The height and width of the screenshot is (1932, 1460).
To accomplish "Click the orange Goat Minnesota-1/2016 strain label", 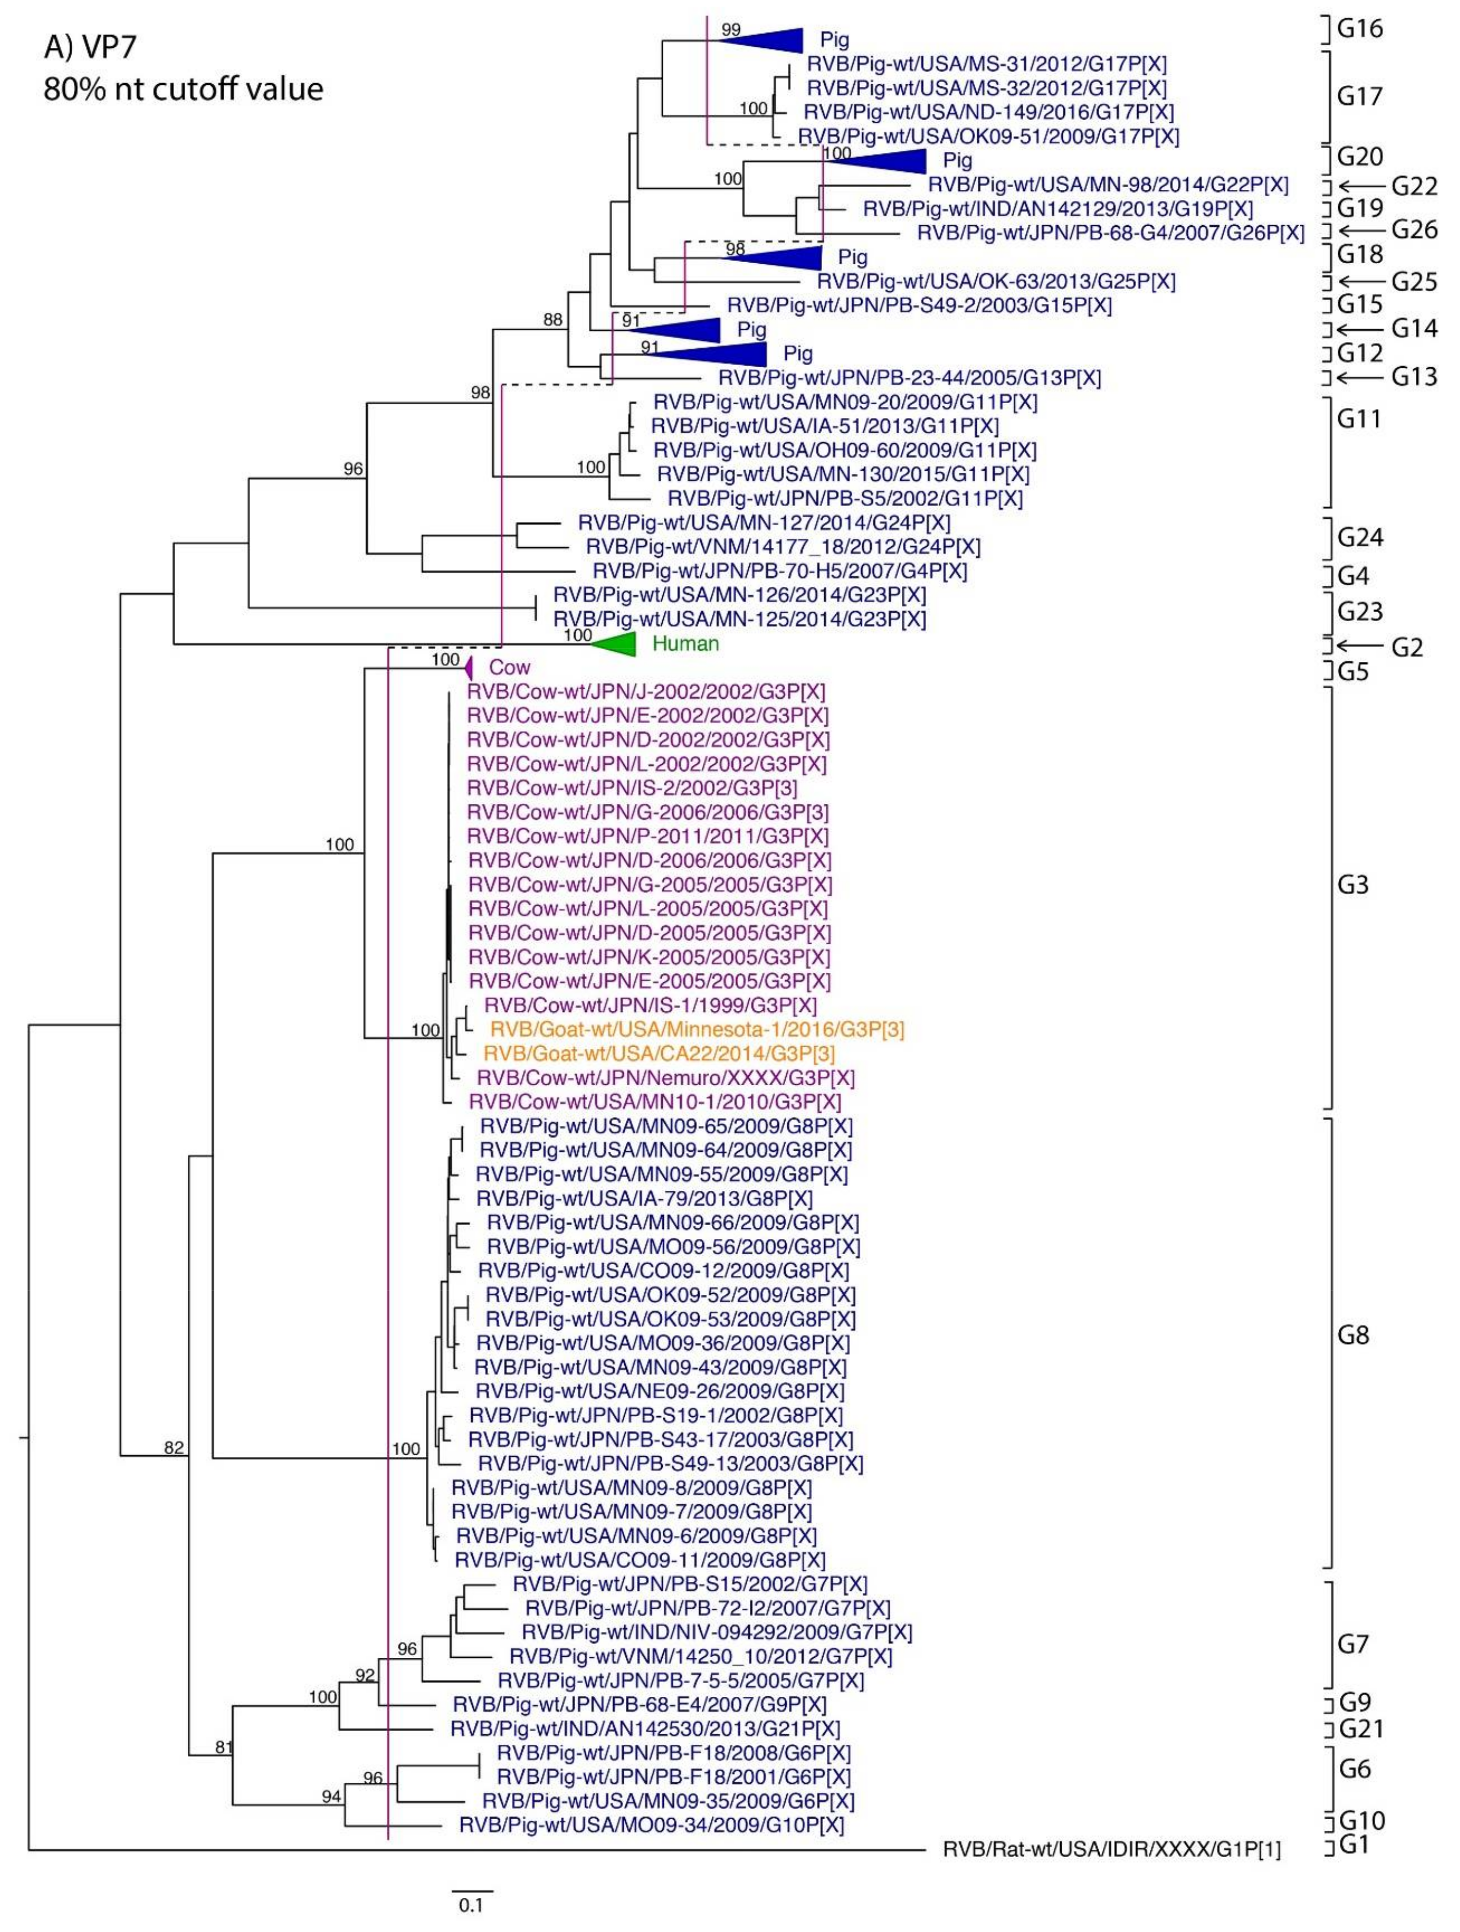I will point(696,1029).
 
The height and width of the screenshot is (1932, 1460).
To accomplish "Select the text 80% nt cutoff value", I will point(183,88).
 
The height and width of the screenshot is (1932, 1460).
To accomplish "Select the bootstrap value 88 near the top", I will point(552,320).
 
